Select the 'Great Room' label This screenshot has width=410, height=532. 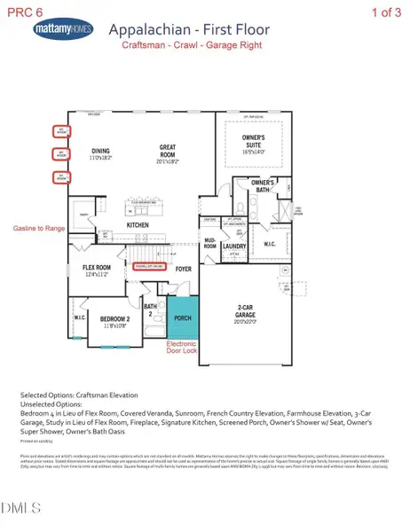171,156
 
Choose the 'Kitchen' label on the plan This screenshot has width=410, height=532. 138,225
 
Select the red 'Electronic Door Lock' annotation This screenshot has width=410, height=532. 186,350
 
